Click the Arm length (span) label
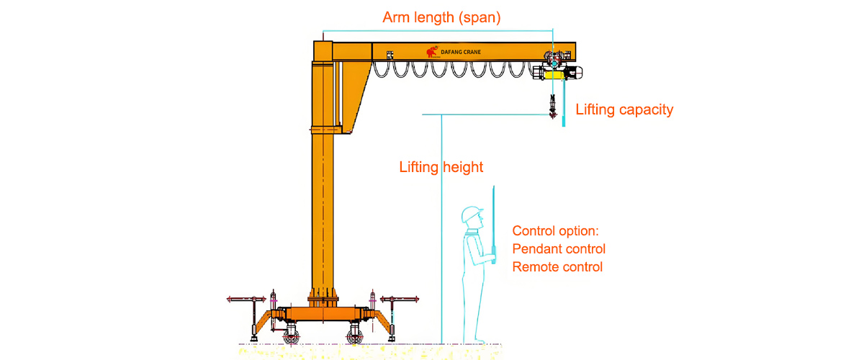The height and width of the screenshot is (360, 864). coord(441,18)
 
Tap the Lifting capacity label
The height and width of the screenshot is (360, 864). coord(624,109)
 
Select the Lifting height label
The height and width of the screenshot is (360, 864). coord(441,167)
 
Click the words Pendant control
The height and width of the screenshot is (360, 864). coord(559,249)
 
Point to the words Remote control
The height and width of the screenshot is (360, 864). coord(557,267)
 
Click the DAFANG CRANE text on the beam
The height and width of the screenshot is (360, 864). coord(461,52)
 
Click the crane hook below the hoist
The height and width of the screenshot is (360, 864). coord(553,107)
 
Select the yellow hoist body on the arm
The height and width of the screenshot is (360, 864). coord(554,74)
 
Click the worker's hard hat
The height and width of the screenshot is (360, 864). coord(471,213)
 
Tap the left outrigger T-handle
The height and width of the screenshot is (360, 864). coord(247,300)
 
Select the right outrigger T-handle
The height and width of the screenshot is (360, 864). coord(400,299)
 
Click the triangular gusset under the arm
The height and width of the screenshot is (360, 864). coord(355,93)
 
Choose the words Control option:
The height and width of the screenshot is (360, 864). coord(555,230)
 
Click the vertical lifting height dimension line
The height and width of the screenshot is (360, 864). coord(441,229)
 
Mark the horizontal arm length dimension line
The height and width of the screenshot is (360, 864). coord(438,31)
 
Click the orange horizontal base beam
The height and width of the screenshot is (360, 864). coord(323,313)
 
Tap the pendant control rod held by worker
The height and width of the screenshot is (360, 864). coord(493,224)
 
